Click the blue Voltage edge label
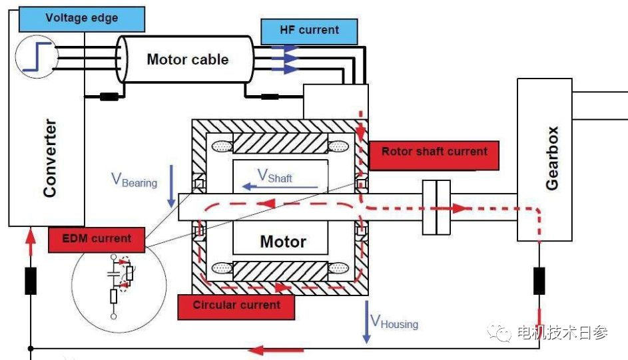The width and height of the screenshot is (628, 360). pos(81,17)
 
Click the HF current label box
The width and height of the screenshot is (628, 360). pos(309,31)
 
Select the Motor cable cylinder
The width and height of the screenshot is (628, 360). pos(187,59)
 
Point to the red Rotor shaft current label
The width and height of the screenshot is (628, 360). pos(434,152)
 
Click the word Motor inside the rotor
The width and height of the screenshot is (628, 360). pos(283,242)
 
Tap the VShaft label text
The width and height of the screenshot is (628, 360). pos(275,176)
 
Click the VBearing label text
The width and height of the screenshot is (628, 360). pos(135,180)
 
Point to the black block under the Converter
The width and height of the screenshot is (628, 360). pos(31,280)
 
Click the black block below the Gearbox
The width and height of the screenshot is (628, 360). pos(539,280)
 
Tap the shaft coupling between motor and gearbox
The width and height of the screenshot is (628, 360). pos(436,208)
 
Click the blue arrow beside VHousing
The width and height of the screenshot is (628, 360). pos(366,322)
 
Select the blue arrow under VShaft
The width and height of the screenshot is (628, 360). pos(280,187)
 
